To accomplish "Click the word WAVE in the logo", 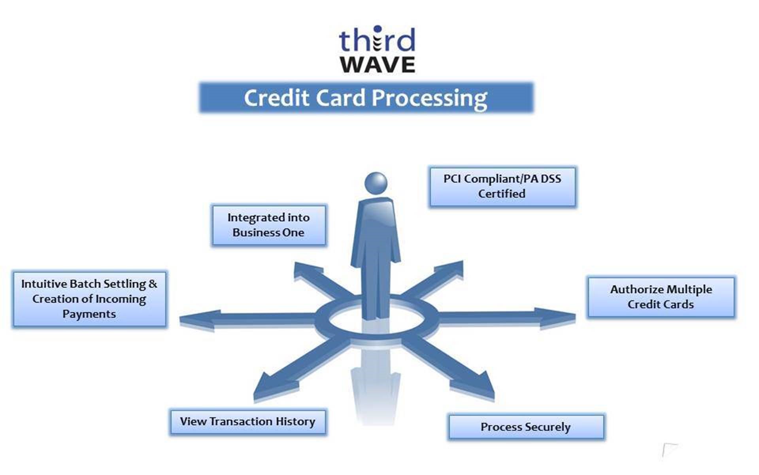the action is pyautogui.click(x=378, y=65).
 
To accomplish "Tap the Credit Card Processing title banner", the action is pyautogui.click(x=366, y=98).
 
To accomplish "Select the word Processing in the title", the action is pyautogui.click(x=429, y=99).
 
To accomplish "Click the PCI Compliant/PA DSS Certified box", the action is pyautogui.click(x=502, y=187).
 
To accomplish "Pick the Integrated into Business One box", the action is pyautogui.click(x=269, y=225).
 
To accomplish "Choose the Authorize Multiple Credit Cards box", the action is pyautogui.click(x=661, y=297).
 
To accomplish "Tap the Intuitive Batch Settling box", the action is pyautogui.click(x=89, y=299).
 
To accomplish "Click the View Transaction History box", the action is pyautogui.click(x=248, y=422).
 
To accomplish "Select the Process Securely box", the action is pyautogui.click(x=526, y=427).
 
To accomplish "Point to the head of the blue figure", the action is pyautogui.click(x=376, y=183).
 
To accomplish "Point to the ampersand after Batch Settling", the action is pyautogui.click(x=153, y=284).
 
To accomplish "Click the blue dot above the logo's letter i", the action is pyautogui.click(x=378, y=29).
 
